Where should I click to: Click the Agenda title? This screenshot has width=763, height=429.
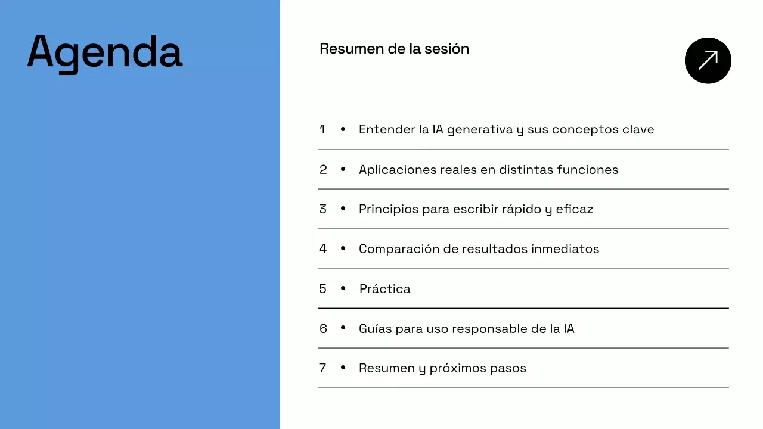tap(105, 53)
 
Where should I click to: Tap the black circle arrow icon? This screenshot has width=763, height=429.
tap(708, 60)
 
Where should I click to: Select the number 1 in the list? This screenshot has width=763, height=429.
tap(322, 129)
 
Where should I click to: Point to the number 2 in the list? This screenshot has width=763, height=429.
tap(323, 170)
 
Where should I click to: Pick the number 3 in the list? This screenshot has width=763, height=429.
tap(323, 209)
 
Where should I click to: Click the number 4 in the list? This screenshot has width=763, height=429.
tap(323, 249)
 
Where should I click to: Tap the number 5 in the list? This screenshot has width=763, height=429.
tap(323, 289)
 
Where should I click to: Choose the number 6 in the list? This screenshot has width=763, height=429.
tap(323, 329)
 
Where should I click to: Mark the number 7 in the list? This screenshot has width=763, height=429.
tap(323, 368)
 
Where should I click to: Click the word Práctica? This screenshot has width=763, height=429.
tap(385, 289)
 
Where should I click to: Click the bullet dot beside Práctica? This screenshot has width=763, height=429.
tap(343, 288)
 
